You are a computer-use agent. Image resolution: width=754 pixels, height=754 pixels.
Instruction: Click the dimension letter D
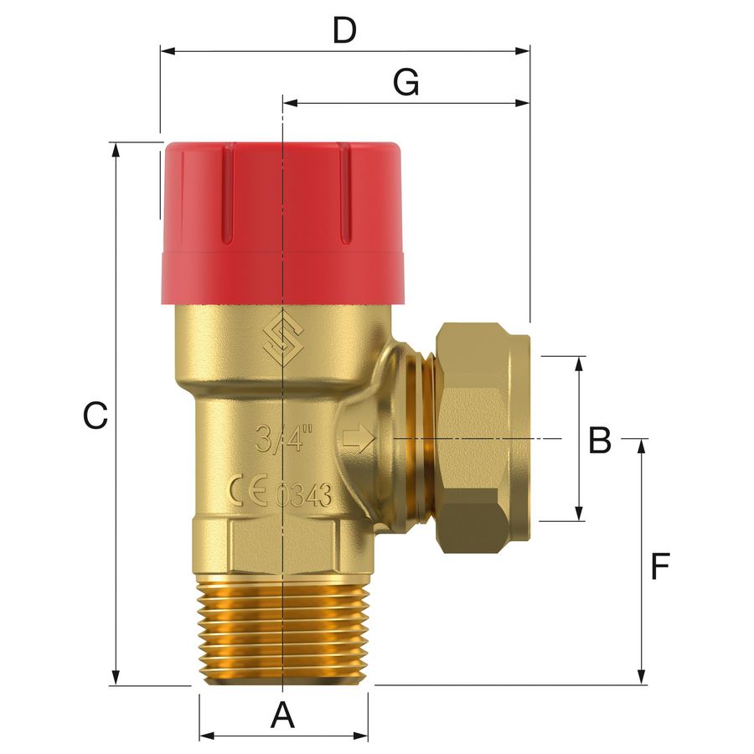345,31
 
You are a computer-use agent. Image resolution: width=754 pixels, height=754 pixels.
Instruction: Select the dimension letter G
406,82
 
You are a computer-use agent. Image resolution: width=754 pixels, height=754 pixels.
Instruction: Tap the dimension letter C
96,416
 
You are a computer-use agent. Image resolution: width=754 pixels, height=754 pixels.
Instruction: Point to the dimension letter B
600,440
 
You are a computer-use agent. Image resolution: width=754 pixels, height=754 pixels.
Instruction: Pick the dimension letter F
660,566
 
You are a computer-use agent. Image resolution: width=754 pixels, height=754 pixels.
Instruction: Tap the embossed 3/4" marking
284,438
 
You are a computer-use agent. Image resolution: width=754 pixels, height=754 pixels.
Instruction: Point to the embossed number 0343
304,495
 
